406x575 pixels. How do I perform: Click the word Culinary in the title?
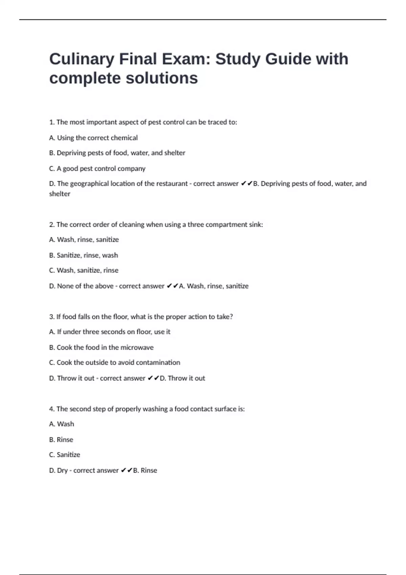[82, 60]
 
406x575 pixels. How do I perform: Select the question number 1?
[52, 122]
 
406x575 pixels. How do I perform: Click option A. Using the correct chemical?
[93, 138]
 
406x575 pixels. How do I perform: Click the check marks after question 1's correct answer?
[247, 184]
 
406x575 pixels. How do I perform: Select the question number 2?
[52, 225]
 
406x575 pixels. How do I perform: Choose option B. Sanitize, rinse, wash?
[84, 255]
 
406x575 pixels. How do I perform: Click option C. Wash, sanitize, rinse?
[84, 270]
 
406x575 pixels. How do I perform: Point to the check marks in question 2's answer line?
[173, 286]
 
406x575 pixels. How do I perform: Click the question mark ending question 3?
[231, 317]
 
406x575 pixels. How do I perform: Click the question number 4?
[52, 409]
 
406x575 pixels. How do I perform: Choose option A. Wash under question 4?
[62, 424]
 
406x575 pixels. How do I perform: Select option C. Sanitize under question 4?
[65, 455]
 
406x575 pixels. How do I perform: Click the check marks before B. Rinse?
[127, 470]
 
